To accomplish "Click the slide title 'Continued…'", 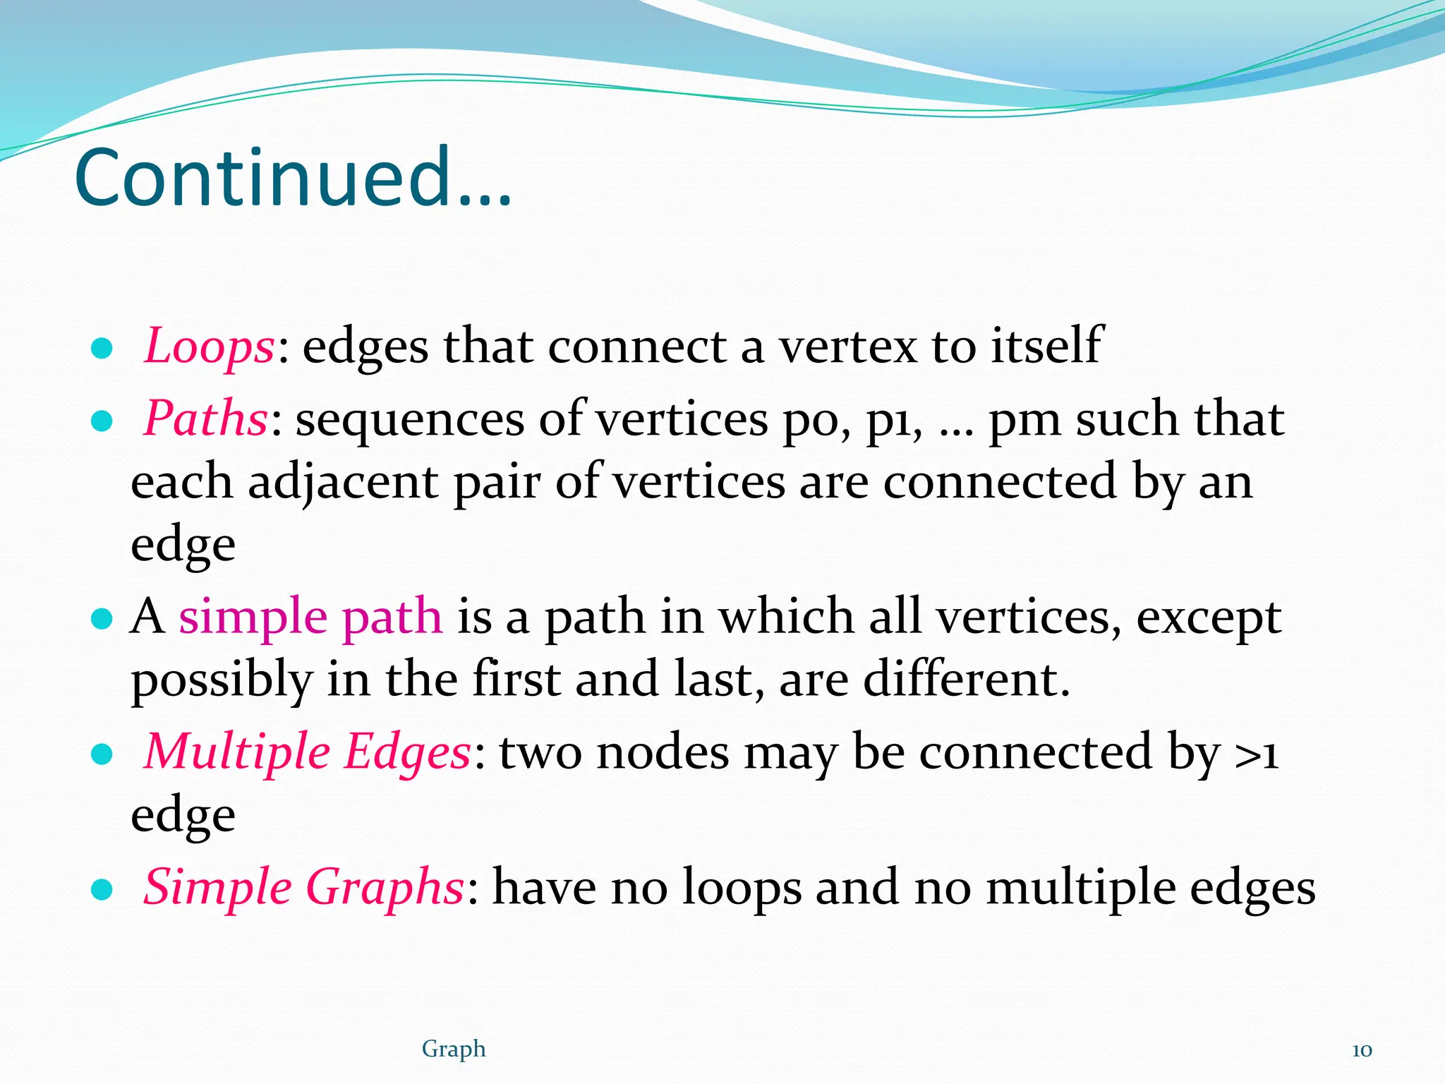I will [x=293, y=178].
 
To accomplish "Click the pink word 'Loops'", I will [x=209, y=347].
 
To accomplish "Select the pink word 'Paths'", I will [x=205, y=418].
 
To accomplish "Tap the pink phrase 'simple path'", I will [x=310, y=616].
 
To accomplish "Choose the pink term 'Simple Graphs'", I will [x=303, y=886].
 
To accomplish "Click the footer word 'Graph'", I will [x=454, y=1049].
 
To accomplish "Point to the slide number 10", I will [x=1362, y=1050].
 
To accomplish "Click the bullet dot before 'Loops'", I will [x=102, y=349].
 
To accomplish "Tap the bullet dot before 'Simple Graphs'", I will [x=102, y=889].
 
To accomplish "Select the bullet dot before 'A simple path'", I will [x=102, y=619].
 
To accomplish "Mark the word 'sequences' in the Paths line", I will [x=409, y=419].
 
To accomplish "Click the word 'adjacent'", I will [x=343, y=483].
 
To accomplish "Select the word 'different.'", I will [x=967, y=679].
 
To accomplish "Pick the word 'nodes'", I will [x=663, y=752].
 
